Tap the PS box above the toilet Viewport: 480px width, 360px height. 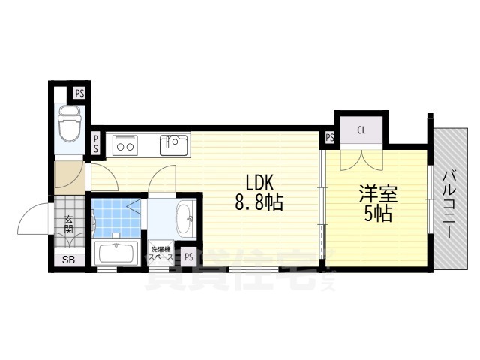pos(79,94)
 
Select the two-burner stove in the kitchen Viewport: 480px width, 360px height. pos(124,145)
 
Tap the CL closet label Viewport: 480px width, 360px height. pos(361,130)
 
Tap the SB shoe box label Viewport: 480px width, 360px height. pos(68,259)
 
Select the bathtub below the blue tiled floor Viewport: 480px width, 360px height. pos(115,253)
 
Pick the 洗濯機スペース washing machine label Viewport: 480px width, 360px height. pos(162,253)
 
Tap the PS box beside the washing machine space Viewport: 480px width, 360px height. pos(188,256)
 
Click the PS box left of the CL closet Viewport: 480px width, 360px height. pos(330,137)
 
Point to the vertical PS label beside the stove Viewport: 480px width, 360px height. pos(96,143)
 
